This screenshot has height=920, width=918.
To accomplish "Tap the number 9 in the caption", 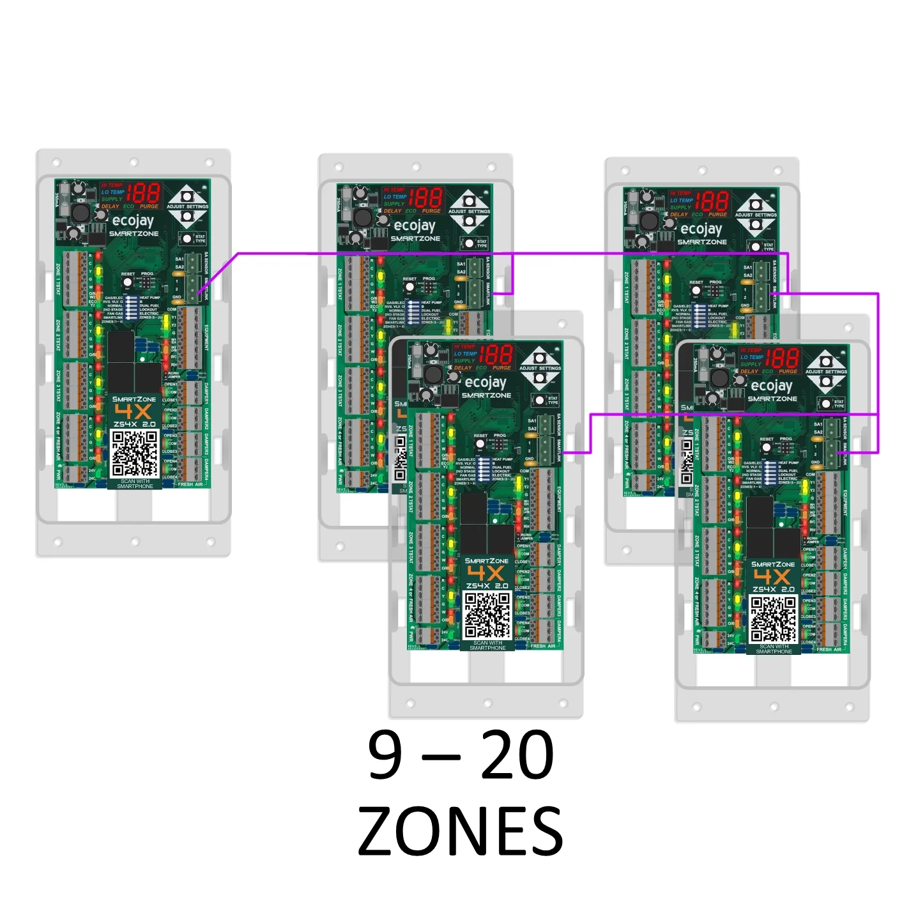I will pos(386,756).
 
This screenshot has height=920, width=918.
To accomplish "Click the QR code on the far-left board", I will pos(134,454).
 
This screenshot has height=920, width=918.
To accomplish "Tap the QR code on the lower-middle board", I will pos(487,615).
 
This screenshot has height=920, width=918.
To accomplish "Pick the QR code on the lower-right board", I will pos(773,618).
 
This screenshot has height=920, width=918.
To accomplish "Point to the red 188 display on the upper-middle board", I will pos(425,197).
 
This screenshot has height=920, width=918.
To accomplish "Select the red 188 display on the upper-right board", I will pos(712,201).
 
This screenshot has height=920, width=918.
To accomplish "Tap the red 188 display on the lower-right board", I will pos(782,358).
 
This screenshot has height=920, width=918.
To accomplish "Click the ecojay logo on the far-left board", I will pos(133,221).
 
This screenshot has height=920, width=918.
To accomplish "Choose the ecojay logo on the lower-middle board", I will pos(486,383).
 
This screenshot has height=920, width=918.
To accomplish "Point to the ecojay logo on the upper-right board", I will pos(701,229).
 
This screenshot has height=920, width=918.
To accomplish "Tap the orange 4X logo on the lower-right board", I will pos(773,576).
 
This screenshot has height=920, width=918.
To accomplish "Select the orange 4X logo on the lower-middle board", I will pos(486,573).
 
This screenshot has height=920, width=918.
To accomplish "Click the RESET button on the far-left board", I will pos(127,282).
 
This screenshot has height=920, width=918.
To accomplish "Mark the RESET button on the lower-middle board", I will pos(480,444).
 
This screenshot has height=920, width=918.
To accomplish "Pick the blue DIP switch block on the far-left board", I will pos(132,308).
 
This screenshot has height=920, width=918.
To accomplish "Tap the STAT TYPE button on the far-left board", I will pos(187,238).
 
